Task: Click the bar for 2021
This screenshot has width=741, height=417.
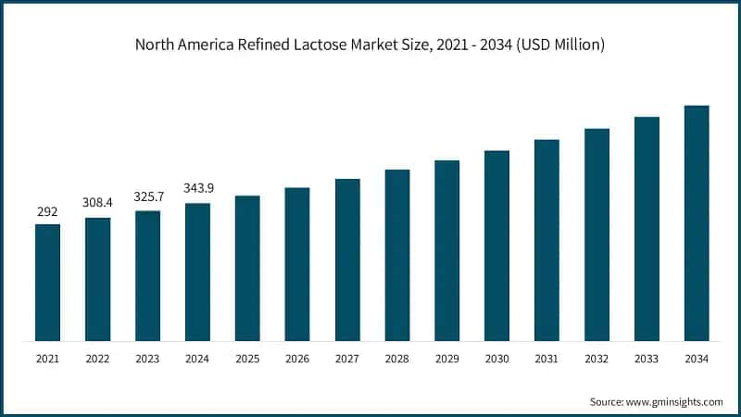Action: [47, 282]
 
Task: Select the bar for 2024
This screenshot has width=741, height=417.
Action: [197, 272]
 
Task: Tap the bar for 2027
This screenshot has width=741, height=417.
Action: [347, 259]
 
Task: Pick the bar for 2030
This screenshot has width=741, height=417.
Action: [496, 245]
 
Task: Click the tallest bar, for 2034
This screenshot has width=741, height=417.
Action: [697, 222]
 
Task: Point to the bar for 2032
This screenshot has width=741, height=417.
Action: [597, 234]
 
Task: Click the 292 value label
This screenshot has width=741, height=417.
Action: [47, 212]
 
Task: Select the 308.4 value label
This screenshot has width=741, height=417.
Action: [97, 201]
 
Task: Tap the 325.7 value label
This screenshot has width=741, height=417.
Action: [147, 196]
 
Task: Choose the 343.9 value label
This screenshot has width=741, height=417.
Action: [197, 189]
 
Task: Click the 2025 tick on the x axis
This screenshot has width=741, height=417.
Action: [247, 357]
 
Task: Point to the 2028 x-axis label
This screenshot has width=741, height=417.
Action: [397, 357]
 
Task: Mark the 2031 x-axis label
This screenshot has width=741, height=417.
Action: [546, 357]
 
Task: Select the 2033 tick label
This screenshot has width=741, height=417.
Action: [647, 357]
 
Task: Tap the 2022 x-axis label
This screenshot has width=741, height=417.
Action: [97, 357]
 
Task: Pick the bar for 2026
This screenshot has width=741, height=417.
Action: [297, 264]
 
